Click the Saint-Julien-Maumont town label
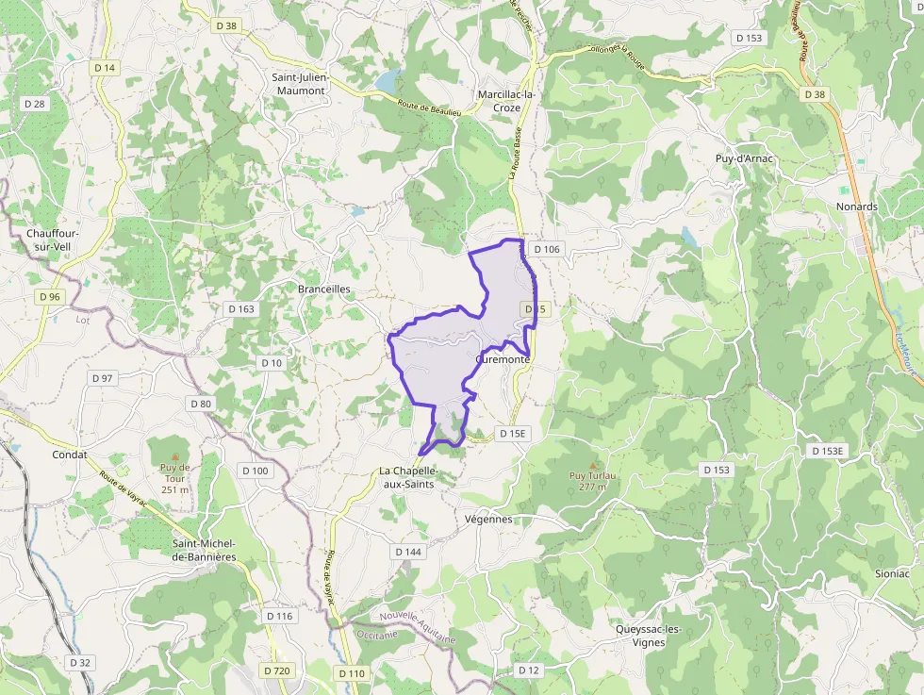click(x=298, y=84)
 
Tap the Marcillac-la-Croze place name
click(x=506, y=101)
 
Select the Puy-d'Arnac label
click(x=744, y=158)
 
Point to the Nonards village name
click(x=856, y=207)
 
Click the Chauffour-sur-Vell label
click(x=52, y=240)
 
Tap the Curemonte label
click(x=504, y=360)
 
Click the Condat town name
click(x=70, y=455)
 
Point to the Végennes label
click(x=488, y=519)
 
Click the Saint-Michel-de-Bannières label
click(x=204, y=550)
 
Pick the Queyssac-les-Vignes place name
click(x=652, y=636)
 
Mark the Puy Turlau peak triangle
click(x=593, y=465)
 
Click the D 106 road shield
click(x=545, y=249)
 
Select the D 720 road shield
click(x=276, y=671)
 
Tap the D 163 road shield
click(x=241, y=308)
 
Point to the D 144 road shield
click(x=408, y=552)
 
